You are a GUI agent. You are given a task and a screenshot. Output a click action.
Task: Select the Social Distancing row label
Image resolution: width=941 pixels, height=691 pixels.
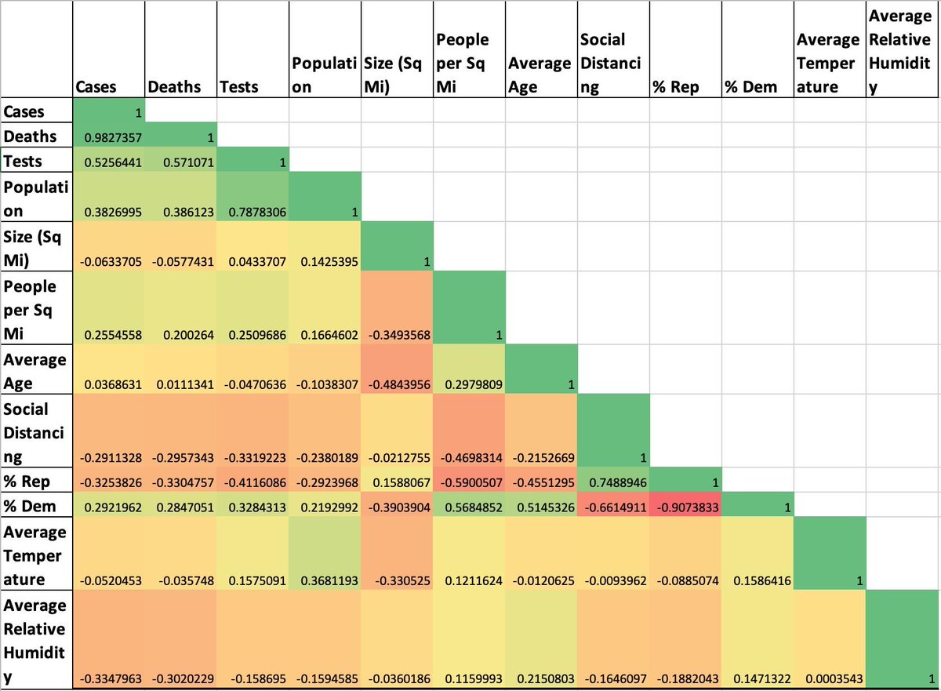(x=36, y=431)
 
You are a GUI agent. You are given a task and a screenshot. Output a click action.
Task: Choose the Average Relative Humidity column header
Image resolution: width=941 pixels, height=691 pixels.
(x=903, y=51)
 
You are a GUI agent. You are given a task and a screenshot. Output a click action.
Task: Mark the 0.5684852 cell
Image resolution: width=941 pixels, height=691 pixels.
(x=469, y=505)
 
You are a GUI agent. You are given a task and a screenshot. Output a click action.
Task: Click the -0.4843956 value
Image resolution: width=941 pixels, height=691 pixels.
(x=397, y=384)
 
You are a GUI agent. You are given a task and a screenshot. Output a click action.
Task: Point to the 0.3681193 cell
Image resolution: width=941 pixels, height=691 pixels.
(x=325, y=579)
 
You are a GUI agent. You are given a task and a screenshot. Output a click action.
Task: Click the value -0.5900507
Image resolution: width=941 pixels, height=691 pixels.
(x=469, y=480)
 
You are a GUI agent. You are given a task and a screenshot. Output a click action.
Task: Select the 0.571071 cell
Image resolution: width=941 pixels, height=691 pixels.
(x=181, y=162)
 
